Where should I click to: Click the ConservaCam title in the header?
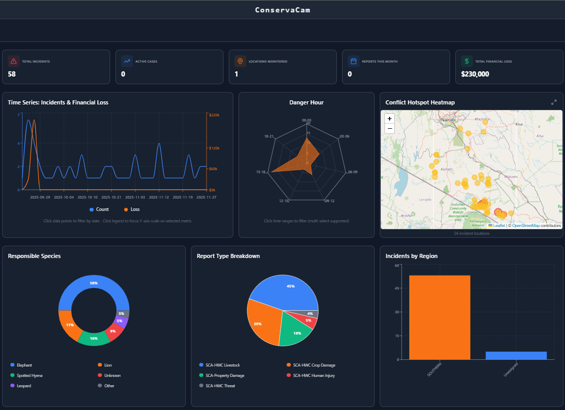click(x=282, y=10)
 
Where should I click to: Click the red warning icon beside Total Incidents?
click(x=13, y=61)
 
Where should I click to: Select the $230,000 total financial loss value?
click(x=475, y=74)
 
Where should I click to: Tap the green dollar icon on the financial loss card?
click(x=467, y=61)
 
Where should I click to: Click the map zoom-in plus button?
click(x=390, y=118)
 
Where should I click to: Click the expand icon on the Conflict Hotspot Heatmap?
click(x=554, y=102)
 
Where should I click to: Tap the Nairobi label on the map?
click(x=448, y=119)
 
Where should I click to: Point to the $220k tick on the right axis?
click(x=214, y=115)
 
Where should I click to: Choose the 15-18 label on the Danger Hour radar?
click(x=260, y=172)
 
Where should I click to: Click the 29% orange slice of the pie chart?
click(x=259, y=323)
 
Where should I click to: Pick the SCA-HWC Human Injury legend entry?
click(x=310, y=375)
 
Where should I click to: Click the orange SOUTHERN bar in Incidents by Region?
click(x=440, y=317)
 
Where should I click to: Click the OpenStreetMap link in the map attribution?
click(x=526, y=226)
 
